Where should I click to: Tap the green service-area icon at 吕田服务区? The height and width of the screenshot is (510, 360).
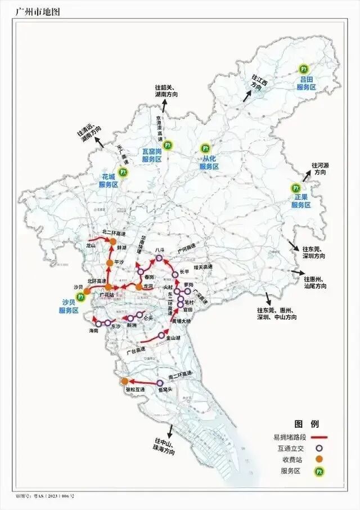[x=304, y=69]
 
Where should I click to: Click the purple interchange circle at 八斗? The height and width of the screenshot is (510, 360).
[x=159, y=258]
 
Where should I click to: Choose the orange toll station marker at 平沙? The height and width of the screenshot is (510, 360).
[x=110, y=263]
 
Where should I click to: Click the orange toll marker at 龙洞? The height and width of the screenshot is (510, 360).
[x=139, y=287]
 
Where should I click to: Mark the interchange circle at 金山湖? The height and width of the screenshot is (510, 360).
[x=161, y=336]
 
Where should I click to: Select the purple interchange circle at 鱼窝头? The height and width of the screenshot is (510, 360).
[x=160, y=383]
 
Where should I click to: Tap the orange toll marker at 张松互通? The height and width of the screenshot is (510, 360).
[x=125, y=381]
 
